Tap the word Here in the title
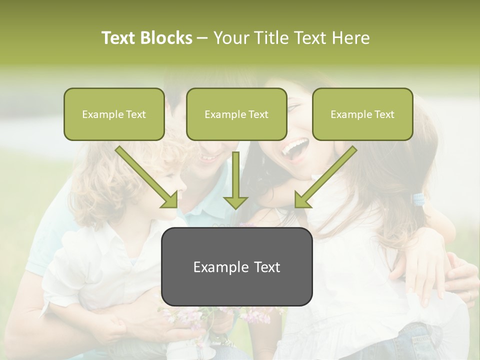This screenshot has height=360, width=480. tap(351, 38)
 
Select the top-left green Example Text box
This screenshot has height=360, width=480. tap(114, 114)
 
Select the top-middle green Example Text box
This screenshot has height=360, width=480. tap(236, 114)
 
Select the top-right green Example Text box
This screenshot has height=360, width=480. tap(362, 114)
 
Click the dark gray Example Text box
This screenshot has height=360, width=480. tap(236, 266)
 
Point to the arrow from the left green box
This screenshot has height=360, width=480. tap(147, 177)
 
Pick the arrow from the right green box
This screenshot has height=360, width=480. tap(325, 177)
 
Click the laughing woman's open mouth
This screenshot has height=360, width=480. tap(295, 148)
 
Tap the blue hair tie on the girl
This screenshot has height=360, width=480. tap(418, 200)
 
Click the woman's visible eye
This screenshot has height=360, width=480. tap(292, 107)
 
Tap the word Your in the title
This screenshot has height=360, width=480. tap(230, 38)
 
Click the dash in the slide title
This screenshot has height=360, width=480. tap(202, 38)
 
